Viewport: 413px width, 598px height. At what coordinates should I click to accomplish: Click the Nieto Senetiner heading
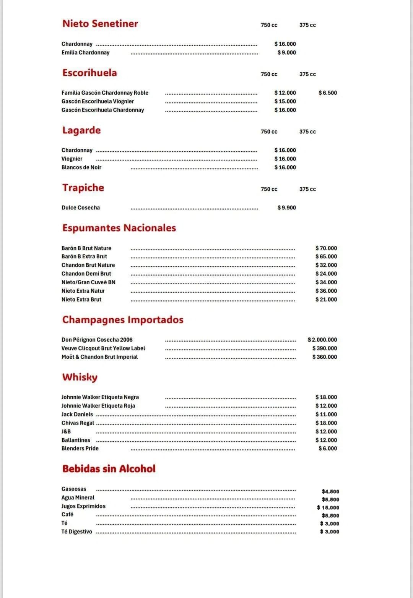point(100,24)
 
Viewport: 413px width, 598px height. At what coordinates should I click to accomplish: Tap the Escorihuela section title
point(89,73)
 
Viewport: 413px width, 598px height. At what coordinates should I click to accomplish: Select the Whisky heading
point(80,377)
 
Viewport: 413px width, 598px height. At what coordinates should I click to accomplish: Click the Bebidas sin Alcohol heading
point(109,469)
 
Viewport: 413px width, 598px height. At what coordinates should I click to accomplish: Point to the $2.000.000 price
point(322,340)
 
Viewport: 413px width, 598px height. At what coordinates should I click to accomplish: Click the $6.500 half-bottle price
point(328,93)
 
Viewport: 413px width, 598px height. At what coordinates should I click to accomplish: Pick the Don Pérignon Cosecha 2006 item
point(97,340)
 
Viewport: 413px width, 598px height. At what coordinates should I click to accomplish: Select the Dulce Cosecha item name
point(80,208)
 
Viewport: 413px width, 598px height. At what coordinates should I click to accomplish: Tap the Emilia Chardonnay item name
point(85,53)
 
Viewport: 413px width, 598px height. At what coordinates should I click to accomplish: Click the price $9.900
point(286,208)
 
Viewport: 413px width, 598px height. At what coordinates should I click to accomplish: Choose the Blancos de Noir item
point(81,167)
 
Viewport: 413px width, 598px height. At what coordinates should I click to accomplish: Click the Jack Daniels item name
point(77,414)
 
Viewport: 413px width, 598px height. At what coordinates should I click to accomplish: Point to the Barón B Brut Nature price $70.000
point(326,248)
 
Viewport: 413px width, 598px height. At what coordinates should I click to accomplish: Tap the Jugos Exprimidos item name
point(83,506)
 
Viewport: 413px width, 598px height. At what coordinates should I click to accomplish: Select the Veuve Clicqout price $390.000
point(325,348)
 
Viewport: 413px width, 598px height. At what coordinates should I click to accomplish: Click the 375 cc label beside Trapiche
point(307,189)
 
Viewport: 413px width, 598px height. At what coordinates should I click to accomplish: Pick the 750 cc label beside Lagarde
point(269,132)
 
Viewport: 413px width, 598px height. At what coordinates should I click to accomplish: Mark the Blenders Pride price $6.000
point(328,449)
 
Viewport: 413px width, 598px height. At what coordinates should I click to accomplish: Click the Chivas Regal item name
point(78,423)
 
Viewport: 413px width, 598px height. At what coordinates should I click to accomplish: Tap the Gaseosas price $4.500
point(330,492)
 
